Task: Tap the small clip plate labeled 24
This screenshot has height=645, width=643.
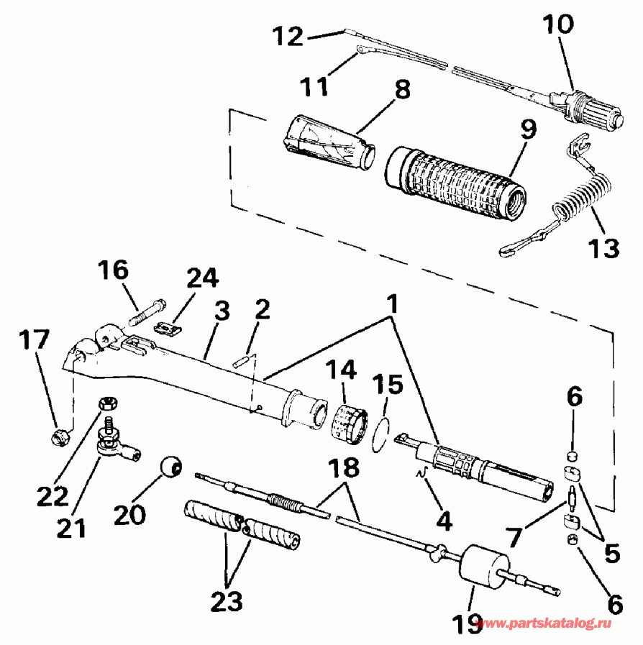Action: coord(168,329)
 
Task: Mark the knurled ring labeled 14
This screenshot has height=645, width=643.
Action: coord(348,423)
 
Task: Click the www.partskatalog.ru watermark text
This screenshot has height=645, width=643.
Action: coord(549,624)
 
